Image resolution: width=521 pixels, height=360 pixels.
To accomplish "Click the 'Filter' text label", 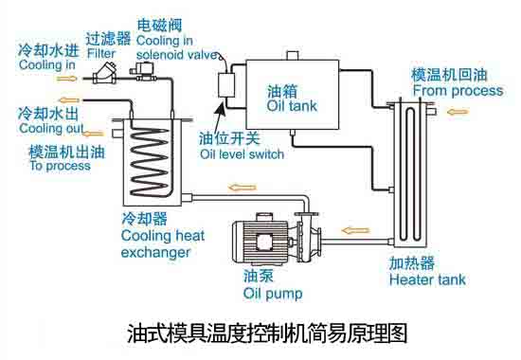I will point(100,54).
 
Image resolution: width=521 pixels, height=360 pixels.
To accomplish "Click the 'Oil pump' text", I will point(273,293).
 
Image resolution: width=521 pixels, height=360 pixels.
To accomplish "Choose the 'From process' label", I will point(458,90).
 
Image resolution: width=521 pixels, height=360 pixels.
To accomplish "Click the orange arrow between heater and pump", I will point(355,229).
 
